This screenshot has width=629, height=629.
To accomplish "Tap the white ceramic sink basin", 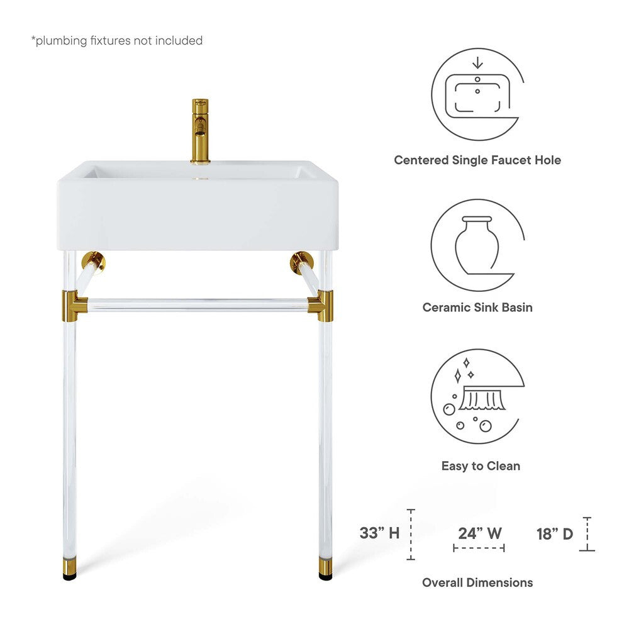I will [x=198, y=208].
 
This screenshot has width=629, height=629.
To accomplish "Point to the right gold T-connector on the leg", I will [x=322, y=305].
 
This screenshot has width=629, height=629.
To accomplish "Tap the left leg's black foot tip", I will [x=70, y=574].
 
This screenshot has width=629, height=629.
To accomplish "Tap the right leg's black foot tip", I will [x=325, y=574].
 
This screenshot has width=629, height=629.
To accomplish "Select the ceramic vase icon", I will [x=477, y=245].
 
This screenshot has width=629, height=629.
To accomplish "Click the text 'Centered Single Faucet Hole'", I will [x=477, y=160].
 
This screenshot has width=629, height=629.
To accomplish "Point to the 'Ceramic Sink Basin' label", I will [x=477, y=308].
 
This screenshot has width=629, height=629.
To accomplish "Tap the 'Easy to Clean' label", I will [x=481, y=466].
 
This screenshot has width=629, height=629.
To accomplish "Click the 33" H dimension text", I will [x=379, y=533].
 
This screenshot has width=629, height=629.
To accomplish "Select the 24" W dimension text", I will [x=479, y=533].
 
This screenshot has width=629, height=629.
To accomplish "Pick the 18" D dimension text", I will [x=555, y=534].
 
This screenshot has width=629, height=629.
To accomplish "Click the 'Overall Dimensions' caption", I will [x=477, y=582].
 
